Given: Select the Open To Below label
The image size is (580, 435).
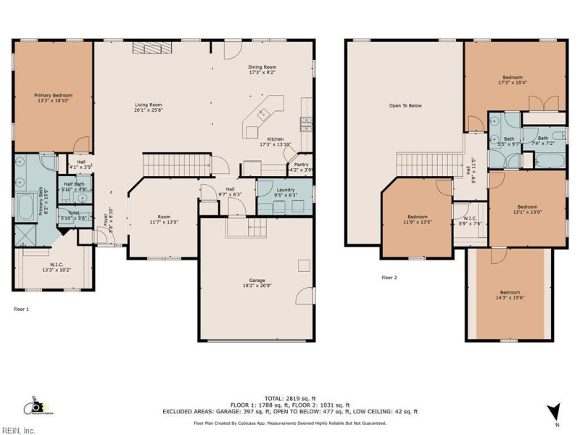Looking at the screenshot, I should tap(405, 106).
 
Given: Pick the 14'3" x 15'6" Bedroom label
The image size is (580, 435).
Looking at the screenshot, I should tap(509, 294).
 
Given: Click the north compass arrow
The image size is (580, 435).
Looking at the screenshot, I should tap(554, 412).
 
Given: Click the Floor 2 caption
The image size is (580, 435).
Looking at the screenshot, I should tap(389, 277).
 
